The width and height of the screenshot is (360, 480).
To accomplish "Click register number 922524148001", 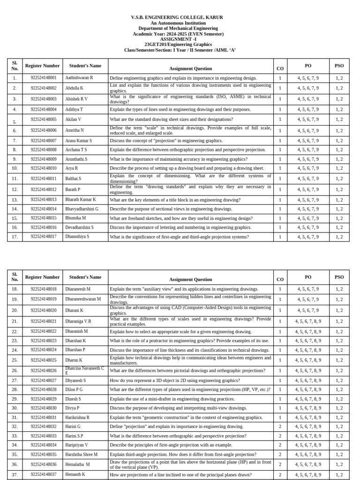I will pos(43,78).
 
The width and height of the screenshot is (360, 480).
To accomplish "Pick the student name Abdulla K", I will pos(75,88).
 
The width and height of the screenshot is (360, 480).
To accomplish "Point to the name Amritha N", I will pos(75,130).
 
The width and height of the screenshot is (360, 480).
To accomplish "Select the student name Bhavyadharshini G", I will pos(82,209).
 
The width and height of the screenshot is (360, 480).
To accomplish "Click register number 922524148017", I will pos(43,237).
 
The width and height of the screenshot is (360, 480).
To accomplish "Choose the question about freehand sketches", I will pos(181,218).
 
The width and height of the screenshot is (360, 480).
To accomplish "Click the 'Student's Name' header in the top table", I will pos(85,66).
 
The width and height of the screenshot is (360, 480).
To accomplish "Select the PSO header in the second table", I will pos(339,277).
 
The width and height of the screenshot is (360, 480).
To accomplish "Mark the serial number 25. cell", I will pos(15,360).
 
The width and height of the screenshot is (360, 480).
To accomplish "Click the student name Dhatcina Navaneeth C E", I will pos(85,370).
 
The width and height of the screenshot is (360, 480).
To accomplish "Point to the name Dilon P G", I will pos(74,390).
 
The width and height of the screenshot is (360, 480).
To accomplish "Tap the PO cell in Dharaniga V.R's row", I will pos(308,322).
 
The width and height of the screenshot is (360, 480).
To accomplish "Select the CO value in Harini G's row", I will pos(280,427).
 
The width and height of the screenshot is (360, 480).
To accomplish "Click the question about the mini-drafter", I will pos(172,399).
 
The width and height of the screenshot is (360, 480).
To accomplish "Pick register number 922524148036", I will pos(43,464).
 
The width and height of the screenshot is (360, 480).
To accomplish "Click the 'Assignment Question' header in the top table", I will pos(190,68).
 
